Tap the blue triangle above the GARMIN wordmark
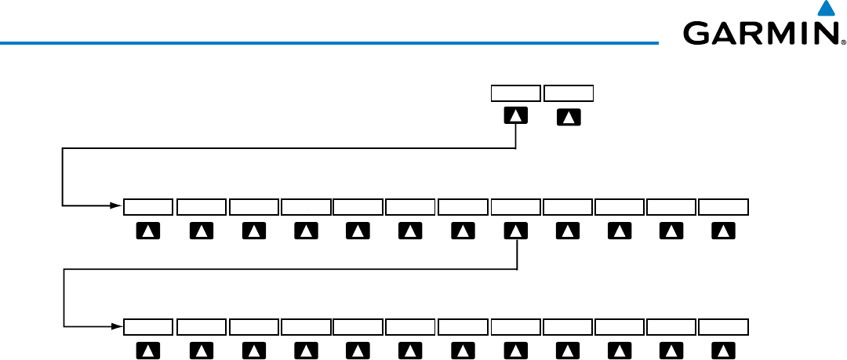tap(823, 9)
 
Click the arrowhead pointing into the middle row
tap(118, 207)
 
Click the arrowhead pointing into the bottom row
tap(118, 327)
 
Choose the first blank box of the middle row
tap(148, 207)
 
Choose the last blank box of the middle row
tap(724, 207)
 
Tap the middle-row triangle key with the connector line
tap(515, 231)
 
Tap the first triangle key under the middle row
tap(148, 231)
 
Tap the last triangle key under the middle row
tap(724, 231)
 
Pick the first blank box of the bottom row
tap(148, 327)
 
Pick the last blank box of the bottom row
tap(724, 327)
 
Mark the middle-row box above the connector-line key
tap(515, 207)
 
